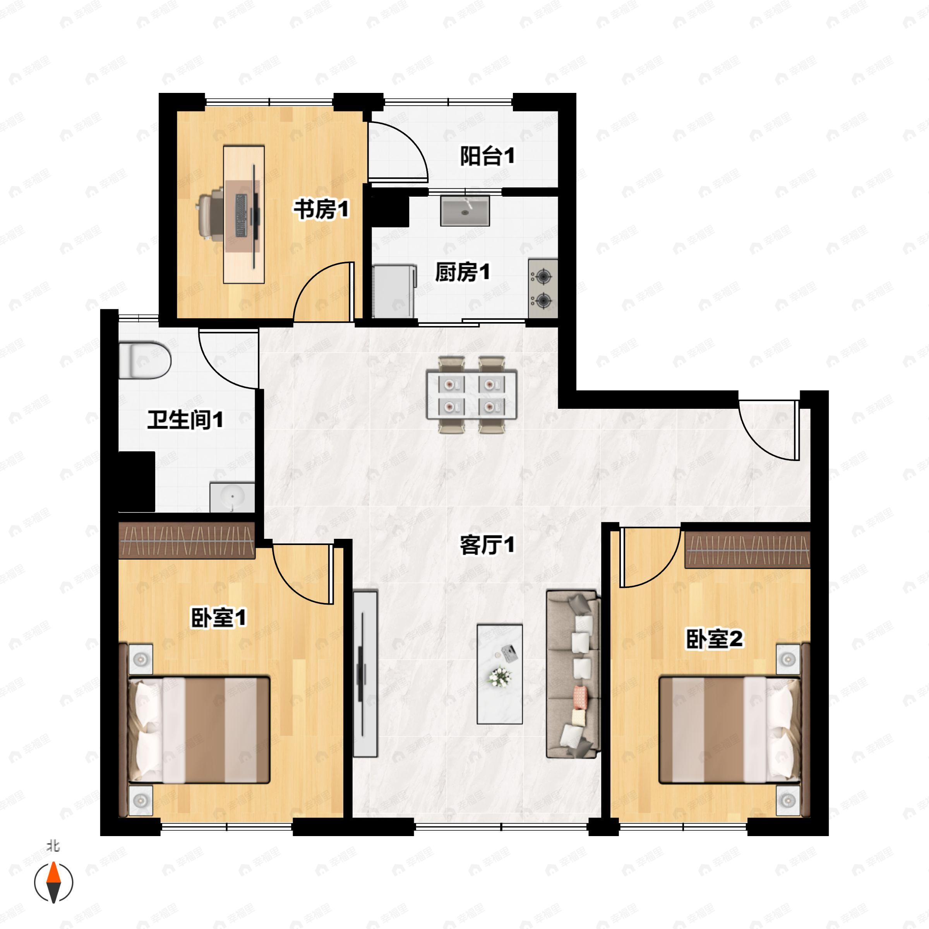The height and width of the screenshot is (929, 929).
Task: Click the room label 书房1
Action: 321,210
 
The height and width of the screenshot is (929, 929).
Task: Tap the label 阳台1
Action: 487,156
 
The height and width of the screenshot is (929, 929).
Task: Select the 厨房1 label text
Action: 462,273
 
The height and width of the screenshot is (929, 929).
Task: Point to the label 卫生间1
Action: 185,420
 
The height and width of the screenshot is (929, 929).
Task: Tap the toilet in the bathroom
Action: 144,360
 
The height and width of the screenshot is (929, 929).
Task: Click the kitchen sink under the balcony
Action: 464,210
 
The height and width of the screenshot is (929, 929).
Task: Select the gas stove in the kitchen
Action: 543,288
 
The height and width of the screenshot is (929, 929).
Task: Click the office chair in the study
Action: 211,214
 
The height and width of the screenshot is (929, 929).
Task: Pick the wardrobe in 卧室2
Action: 747,550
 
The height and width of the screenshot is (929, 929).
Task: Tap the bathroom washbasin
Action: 232,497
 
